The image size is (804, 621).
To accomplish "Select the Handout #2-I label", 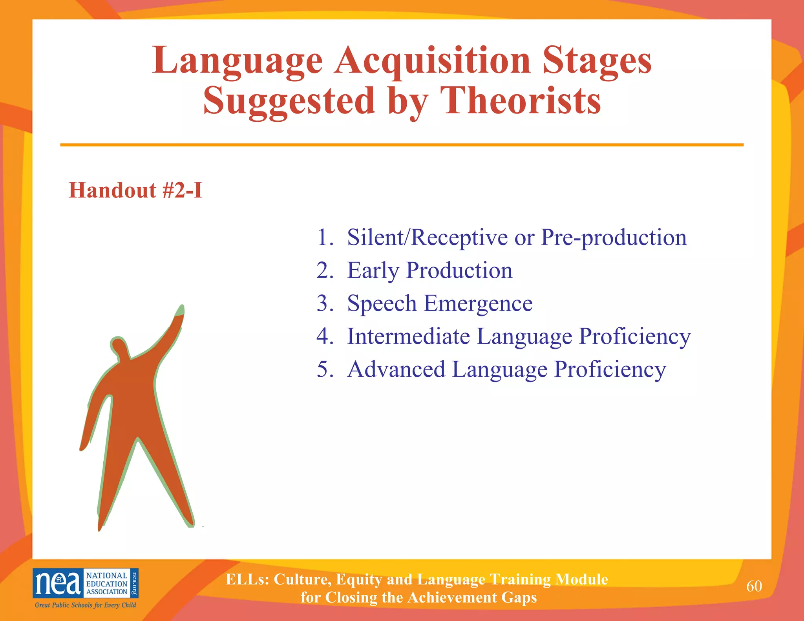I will click(135, 190).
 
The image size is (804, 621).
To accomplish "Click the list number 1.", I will click(325, 237).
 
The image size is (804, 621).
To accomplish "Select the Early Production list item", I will click(429, 271).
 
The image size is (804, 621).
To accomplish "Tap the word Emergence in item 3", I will click(478, 304).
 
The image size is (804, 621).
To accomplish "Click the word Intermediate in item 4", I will click(408, 336).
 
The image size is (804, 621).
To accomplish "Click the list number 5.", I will click(325, 369).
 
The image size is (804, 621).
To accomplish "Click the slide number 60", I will click(754, 586).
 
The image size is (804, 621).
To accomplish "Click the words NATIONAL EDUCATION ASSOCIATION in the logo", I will click(107, 584).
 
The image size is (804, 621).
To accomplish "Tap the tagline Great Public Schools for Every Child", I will click(85, 605).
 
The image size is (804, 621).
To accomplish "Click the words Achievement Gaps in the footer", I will click(472, 597).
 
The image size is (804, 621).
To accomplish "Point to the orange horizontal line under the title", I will click(402, 145).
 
